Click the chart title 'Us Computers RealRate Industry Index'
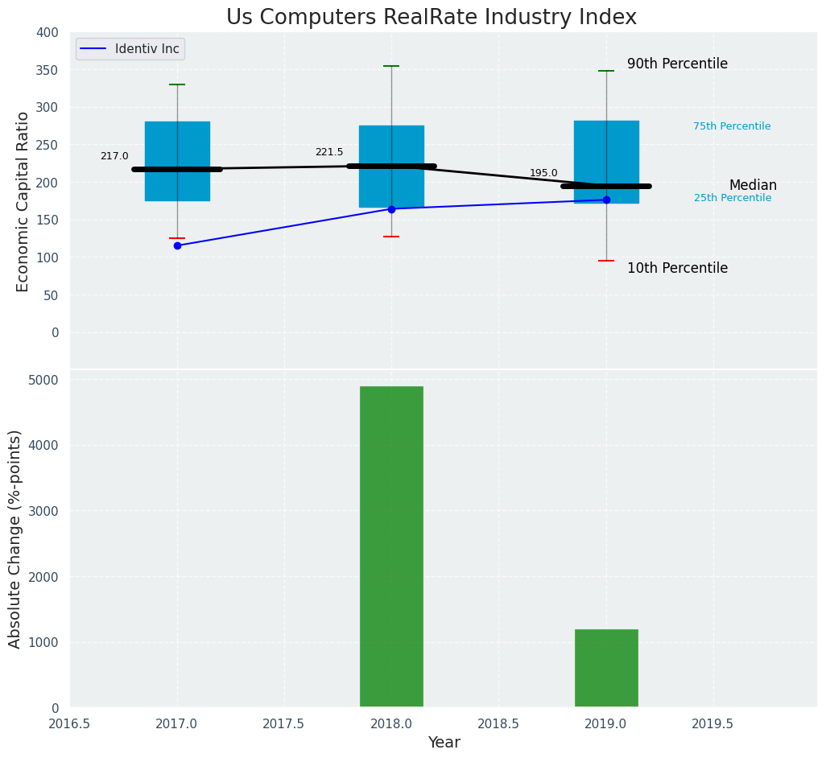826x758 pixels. tap(431, 18)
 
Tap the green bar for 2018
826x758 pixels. tap(391, 546)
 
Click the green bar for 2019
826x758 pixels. tap(606, 668)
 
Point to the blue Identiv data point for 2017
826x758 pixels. tap(177, 245)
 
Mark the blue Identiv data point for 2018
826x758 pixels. tap(391, 209)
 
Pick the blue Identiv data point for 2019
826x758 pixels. tap(606, 200)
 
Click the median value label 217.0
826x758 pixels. tap(114, 156)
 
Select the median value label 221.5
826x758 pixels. tap(329, 152)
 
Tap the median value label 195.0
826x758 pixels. tap(543, 173)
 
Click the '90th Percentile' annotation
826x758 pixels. tap(677, 64)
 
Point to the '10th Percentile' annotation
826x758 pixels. tap(677, 269)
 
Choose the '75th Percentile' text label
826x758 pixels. tap(732, 126)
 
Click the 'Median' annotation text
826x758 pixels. tap(753, 186)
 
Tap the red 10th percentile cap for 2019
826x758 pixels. tap(606, 261)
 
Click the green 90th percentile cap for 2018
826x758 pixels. tap(391, 66)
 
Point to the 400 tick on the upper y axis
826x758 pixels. tap(47, 32)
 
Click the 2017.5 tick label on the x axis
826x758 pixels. tap(283, 724)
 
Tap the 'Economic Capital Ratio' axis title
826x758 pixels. tap(23, 201)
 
